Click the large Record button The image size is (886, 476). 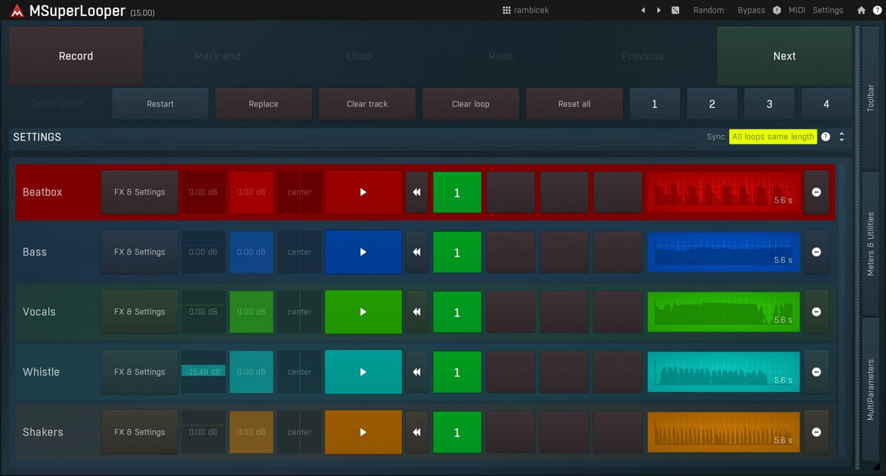76,56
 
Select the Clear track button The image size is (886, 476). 367,104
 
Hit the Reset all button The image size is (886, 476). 574,104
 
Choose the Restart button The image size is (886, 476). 161,104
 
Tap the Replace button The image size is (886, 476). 263,104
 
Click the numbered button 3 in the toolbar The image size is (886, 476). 769,104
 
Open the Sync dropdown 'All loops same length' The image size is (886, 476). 773,137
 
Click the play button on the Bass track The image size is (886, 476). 363,252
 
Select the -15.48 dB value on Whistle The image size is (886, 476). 203,372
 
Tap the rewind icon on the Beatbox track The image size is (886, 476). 417,192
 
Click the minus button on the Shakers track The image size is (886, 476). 816,432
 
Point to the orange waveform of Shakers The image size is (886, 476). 723,432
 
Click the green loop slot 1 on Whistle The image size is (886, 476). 457,372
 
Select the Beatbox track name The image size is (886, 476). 42,192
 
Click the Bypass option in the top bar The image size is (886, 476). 751,10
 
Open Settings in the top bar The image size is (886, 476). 828,10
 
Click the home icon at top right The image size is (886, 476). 861,10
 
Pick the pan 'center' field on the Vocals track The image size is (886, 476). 299,312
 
